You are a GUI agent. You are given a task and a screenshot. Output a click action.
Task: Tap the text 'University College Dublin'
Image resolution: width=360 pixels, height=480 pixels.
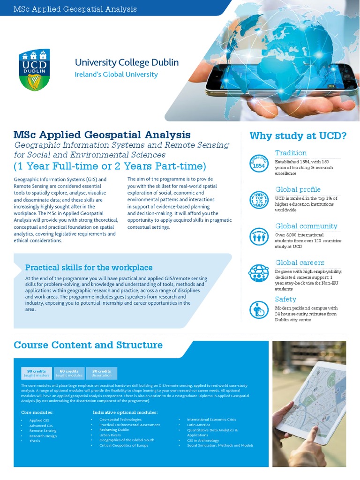click(x=127, y=63)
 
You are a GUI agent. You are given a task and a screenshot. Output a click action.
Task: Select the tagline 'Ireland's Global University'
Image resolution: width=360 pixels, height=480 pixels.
click(x=116, y=75)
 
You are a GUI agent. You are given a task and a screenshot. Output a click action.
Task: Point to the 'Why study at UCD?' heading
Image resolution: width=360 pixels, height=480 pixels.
click(x=298, y=136)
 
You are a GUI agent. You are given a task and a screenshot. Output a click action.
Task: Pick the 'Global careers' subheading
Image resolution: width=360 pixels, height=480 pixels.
click(x=300, y=263)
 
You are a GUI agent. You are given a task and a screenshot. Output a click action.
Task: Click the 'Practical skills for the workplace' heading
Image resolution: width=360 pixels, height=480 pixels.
click(x=89, y=268)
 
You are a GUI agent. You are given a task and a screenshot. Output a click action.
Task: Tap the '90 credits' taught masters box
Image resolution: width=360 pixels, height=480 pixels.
click(x=37, y=373)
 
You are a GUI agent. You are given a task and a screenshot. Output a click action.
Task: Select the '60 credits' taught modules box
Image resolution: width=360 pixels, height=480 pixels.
click(x=69, y=373)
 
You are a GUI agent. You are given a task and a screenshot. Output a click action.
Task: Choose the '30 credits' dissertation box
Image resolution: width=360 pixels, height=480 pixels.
click(x=102, y=373)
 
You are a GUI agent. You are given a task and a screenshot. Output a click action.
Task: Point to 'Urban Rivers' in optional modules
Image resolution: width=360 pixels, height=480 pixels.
click(x=110, y=435)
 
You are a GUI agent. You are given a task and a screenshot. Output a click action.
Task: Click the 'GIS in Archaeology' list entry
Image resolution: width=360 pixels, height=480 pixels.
click(x=202, y=440)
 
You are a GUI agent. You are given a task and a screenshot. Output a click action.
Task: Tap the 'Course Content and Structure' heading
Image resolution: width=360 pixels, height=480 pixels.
click(x=88, y=345)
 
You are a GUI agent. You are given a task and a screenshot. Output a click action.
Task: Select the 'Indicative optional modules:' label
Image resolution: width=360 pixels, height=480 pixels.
click(x=125, y=412)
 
